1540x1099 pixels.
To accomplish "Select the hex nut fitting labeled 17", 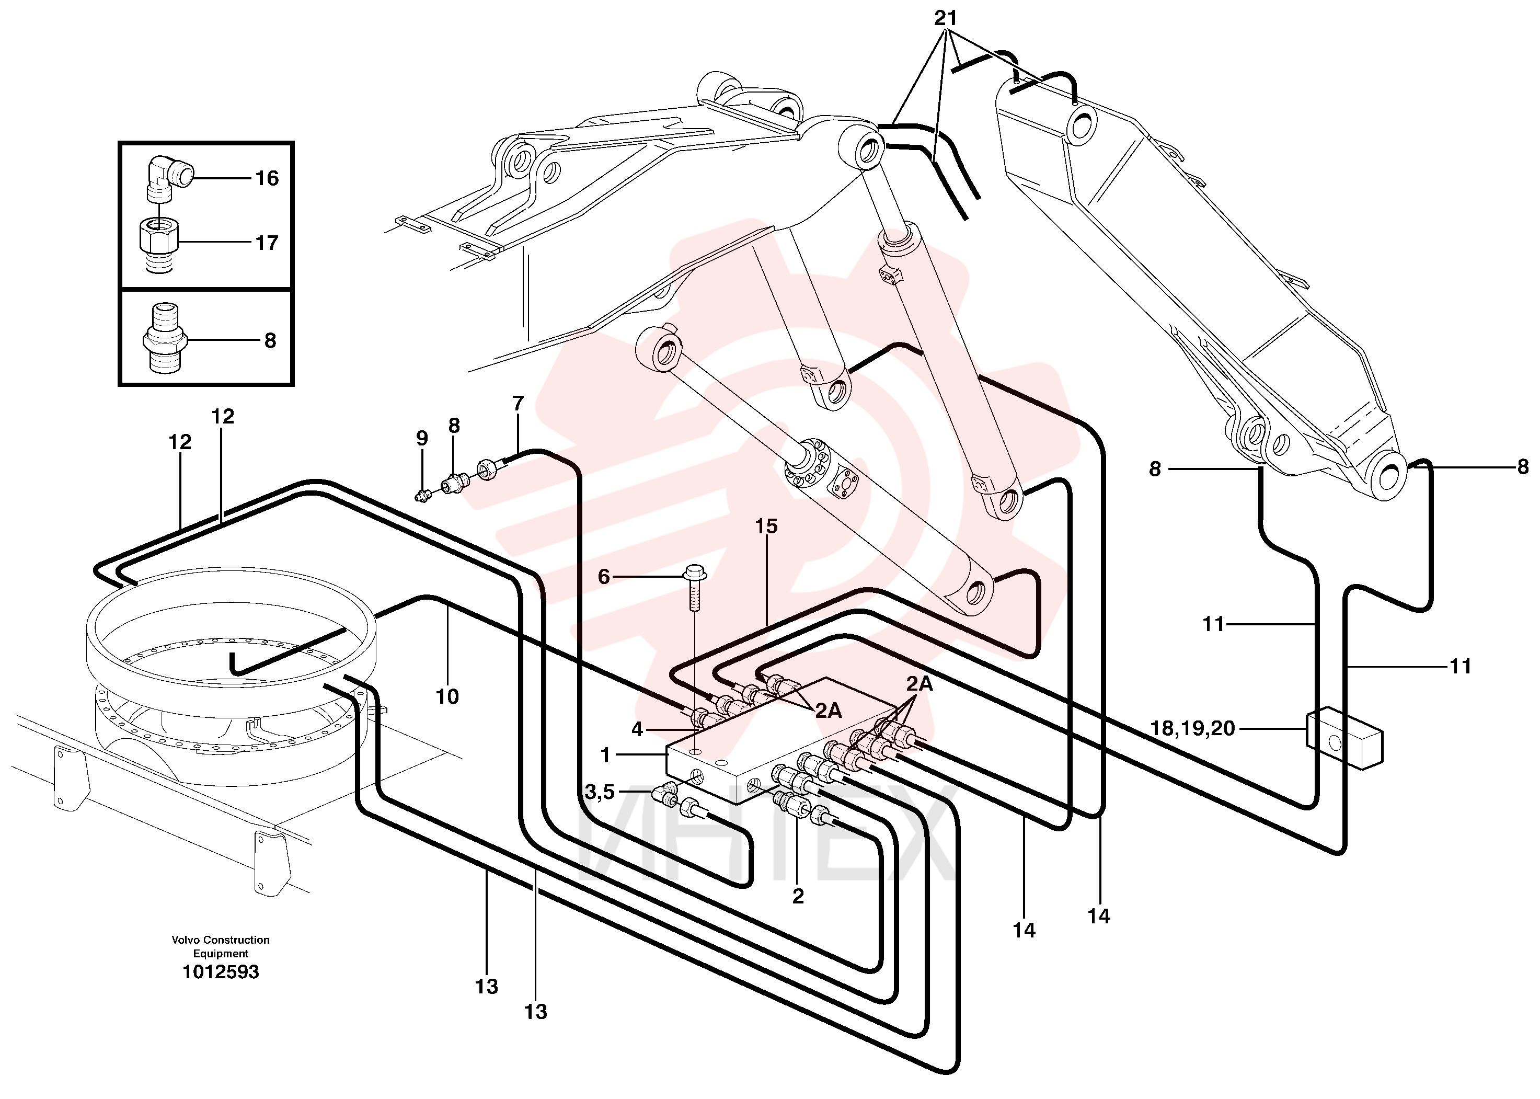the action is [159, 244].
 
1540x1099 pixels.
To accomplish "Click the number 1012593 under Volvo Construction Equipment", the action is [221, 972].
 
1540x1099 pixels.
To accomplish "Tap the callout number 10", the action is [446, 696].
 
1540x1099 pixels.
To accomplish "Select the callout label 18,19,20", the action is [1193, 728].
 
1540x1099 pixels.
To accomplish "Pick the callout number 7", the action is [518, 403].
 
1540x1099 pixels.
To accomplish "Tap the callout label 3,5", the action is [600, 791].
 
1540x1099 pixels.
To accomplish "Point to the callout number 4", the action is [637, 729].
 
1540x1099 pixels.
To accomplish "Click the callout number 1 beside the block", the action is [605, 754].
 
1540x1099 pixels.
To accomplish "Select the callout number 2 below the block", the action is [798, 896].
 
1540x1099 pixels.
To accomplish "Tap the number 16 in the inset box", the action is [267, 178].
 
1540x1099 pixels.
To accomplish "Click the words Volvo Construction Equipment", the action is [221, 946].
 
